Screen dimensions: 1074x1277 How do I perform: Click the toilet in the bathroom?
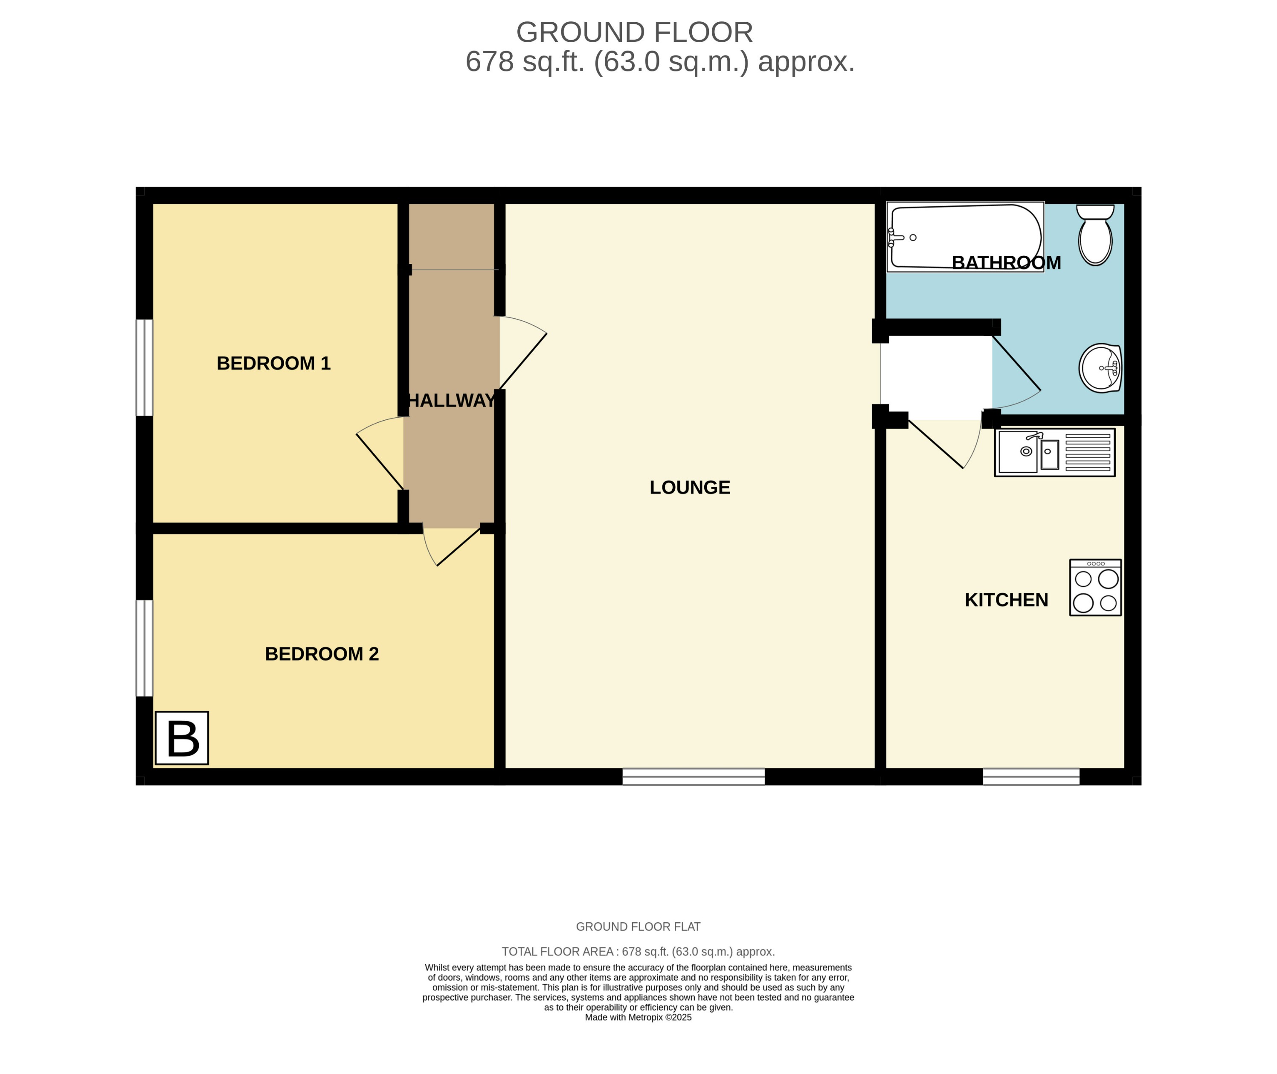[x=1095, y=237]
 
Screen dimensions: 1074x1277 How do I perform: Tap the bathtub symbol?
[x=964, y=237]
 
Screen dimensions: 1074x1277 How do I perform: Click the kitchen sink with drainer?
[x=1055, y=452]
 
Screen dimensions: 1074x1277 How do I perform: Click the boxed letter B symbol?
[x=182, y=738]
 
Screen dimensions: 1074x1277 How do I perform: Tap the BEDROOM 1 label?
[x=273, y=364]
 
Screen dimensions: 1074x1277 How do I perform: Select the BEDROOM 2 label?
[x=322, y=654]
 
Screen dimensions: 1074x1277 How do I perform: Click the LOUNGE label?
[x=690, y=487]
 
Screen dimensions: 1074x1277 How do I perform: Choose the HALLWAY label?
[x=451, y=400]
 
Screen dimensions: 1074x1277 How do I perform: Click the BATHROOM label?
[x=1006, y=263]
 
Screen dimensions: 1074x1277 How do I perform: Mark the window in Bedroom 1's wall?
[x=144, y=368]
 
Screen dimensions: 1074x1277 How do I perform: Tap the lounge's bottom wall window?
[x=694, y=776]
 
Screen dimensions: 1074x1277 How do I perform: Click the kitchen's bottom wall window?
[x=1031, y=776]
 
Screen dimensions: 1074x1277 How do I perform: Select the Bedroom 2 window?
[x=144, y=648]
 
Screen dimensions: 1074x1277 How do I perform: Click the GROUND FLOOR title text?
[x=634, y=32]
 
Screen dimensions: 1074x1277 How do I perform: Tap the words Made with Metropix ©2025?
[x=638, y=1017]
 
